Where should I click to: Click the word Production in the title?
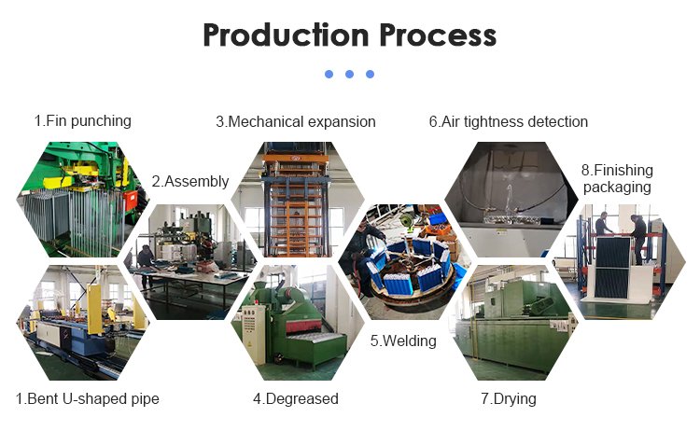tap(286, 35)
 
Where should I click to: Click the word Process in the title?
tap(438, 35)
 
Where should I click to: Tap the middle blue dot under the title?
tap(350, 74)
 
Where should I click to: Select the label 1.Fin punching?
tap(83, 121)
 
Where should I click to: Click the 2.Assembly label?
tap(190, 182)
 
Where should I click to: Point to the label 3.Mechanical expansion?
tap(296, 122)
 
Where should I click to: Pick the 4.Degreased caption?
tap(296, 398)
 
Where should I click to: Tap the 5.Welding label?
tap(403, 341)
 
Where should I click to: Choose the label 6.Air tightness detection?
tap(509, 122)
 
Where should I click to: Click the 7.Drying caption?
tap(509, 399)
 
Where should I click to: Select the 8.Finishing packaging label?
tap(617, 178)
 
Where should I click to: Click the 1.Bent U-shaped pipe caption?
tap(88, 399)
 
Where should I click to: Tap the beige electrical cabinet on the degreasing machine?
tap(254, 334)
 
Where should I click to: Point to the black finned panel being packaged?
tap(613, 267)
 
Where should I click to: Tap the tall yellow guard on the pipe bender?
tap(94, 309)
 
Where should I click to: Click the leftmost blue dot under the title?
tap(329, 74)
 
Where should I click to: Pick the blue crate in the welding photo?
tap(437, 218)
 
